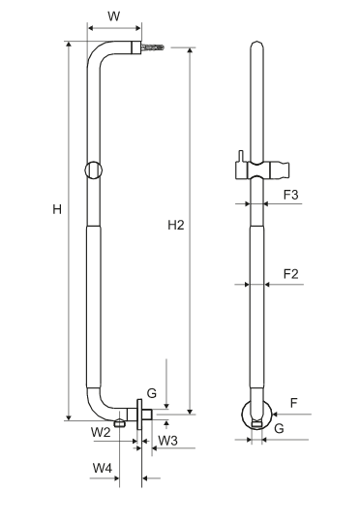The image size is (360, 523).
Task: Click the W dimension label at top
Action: (x=113, y=16)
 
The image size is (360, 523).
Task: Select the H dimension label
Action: (x=57, y=209)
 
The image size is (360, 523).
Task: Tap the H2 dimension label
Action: (x=176, y=226)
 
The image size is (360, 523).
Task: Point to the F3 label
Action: (x=291, y=195)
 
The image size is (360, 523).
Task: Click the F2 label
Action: (x=291, y=274)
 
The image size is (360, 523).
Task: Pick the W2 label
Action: (x=101, y=433)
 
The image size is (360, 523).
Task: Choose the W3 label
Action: (x=167, y=441)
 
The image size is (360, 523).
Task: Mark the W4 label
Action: (x=103, y=468)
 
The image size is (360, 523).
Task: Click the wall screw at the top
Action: (x=153, y=47)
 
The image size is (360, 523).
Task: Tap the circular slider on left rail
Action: (x=93, y=170)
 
